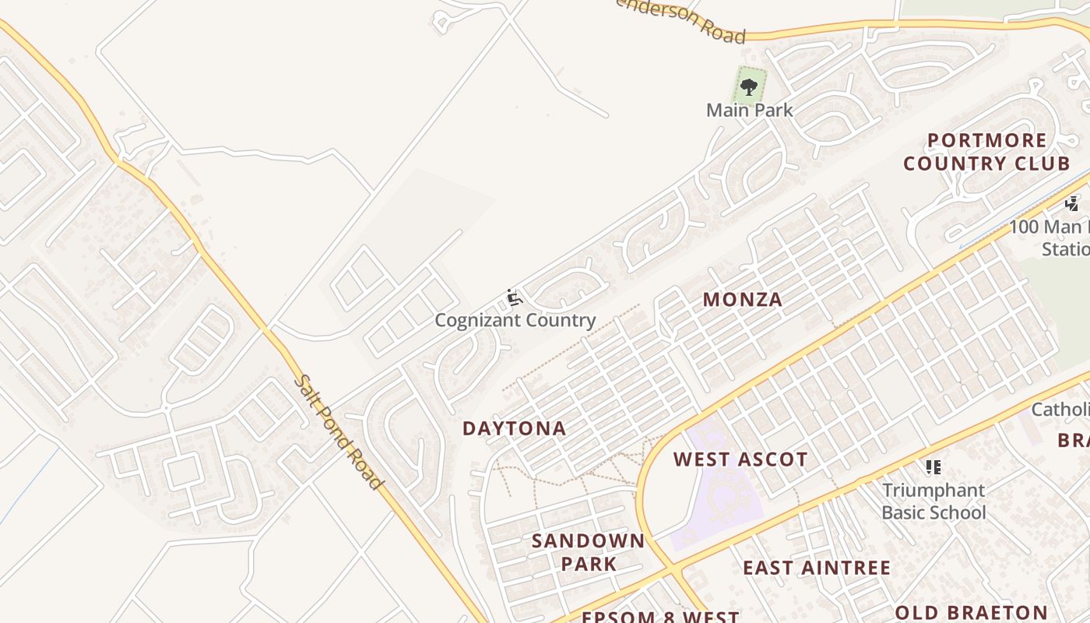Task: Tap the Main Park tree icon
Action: click(749, 86)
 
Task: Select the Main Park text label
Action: click(749, 110)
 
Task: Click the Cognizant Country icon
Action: click(514, 297)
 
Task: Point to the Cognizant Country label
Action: click(515, 320)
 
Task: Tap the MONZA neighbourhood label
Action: click(742, 300)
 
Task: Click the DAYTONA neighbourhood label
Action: click(514, 428)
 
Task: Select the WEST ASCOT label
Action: click(740, 459)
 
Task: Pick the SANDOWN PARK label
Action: click(588, 552)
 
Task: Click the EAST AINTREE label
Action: click(816, 568)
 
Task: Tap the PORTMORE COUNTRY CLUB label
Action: click(986, 152)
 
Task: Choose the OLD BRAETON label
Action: click(971, 612)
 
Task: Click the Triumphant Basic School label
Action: click(934, 502)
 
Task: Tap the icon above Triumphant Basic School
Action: click(934, 467)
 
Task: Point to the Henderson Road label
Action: click(682, 19)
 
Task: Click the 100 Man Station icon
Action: click(1072, 204)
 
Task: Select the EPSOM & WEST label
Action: click(660, 617)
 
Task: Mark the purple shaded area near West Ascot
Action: click(720, 498)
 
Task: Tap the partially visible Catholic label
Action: click(1060, 410)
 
